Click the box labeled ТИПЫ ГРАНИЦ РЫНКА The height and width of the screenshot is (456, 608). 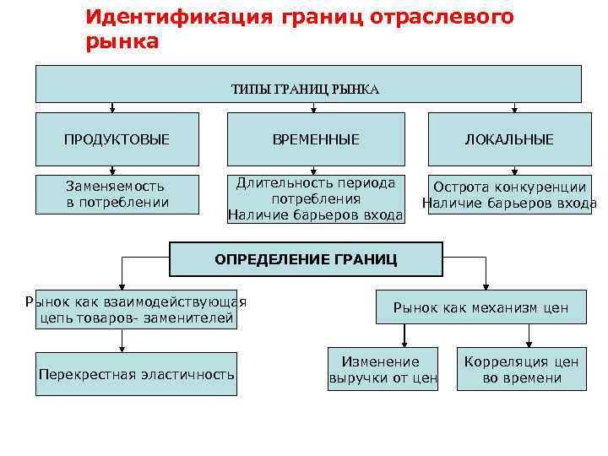[x=307, y=84]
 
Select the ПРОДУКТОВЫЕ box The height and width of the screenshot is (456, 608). [x=117, y=139]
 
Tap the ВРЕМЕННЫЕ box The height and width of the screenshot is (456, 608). [x=316, y=139]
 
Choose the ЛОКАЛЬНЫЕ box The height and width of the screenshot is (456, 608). [x=509, y=139]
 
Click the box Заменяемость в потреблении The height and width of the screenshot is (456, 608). [x=117, y=194]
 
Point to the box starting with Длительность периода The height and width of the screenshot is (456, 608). [x=316, y=200]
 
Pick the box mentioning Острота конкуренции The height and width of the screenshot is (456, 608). [x=509, y=195]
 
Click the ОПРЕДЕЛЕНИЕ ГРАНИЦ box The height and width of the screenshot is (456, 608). [x=305, y=259]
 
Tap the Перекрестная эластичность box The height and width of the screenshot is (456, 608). [x=136, y=374]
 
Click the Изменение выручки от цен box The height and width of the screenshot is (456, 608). [x=383, y=370]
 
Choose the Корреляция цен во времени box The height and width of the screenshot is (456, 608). [x=521, y=370]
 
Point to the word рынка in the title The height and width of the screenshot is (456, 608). [x=122, y=41]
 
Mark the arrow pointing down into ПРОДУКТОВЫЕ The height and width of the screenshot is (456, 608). [x=111, y=108]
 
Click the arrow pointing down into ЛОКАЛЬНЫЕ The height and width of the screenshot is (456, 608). [x=508, y=108]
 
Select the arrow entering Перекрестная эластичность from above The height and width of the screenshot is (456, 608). [x=123, y=345]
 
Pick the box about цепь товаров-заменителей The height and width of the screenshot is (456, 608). [x=136, y=309]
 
